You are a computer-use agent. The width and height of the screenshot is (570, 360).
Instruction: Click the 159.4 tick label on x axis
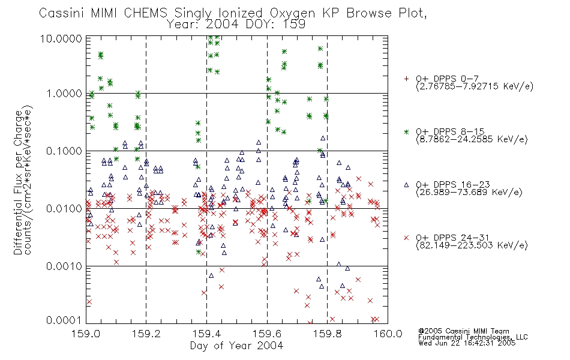point(206,334)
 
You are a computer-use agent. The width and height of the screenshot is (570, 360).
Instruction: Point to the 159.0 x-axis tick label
point(86,334)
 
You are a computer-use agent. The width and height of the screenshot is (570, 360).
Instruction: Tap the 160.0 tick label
point(388,334)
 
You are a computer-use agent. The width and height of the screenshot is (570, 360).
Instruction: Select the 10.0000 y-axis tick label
point(61,38)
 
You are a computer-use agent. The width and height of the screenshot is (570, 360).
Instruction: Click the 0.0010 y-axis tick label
point(64,266)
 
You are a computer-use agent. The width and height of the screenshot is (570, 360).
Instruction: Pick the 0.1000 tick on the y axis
point(64,151)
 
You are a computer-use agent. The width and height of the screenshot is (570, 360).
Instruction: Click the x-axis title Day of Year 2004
point(236,346)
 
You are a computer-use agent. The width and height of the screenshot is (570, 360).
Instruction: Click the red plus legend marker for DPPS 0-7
point(406,79)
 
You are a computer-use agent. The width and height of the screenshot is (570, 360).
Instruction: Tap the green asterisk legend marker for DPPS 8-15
point(406,131)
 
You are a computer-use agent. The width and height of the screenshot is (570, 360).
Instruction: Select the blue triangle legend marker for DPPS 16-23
point(406,185)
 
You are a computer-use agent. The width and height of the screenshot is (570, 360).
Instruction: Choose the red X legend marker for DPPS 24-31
point(406,238)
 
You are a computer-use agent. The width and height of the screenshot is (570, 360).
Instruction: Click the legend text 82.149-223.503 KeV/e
point(472,245)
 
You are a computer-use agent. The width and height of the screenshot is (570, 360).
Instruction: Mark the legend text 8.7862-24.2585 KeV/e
point(472,139)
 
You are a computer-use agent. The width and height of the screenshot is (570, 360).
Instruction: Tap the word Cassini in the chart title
point(62,13)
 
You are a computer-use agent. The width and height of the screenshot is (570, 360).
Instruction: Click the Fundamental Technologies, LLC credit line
point(473,337)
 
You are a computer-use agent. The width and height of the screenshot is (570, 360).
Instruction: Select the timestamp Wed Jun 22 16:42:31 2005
point(467,343)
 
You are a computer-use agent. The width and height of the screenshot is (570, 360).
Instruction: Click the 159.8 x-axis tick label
point(327,334)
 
